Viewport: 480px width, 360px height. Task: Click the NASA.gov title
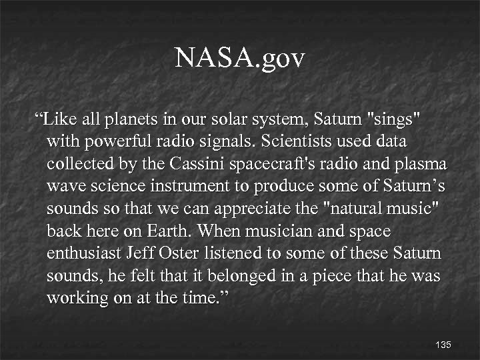pos(239,59)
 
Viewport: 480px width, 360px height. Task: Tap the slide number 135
pos(443,345)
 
